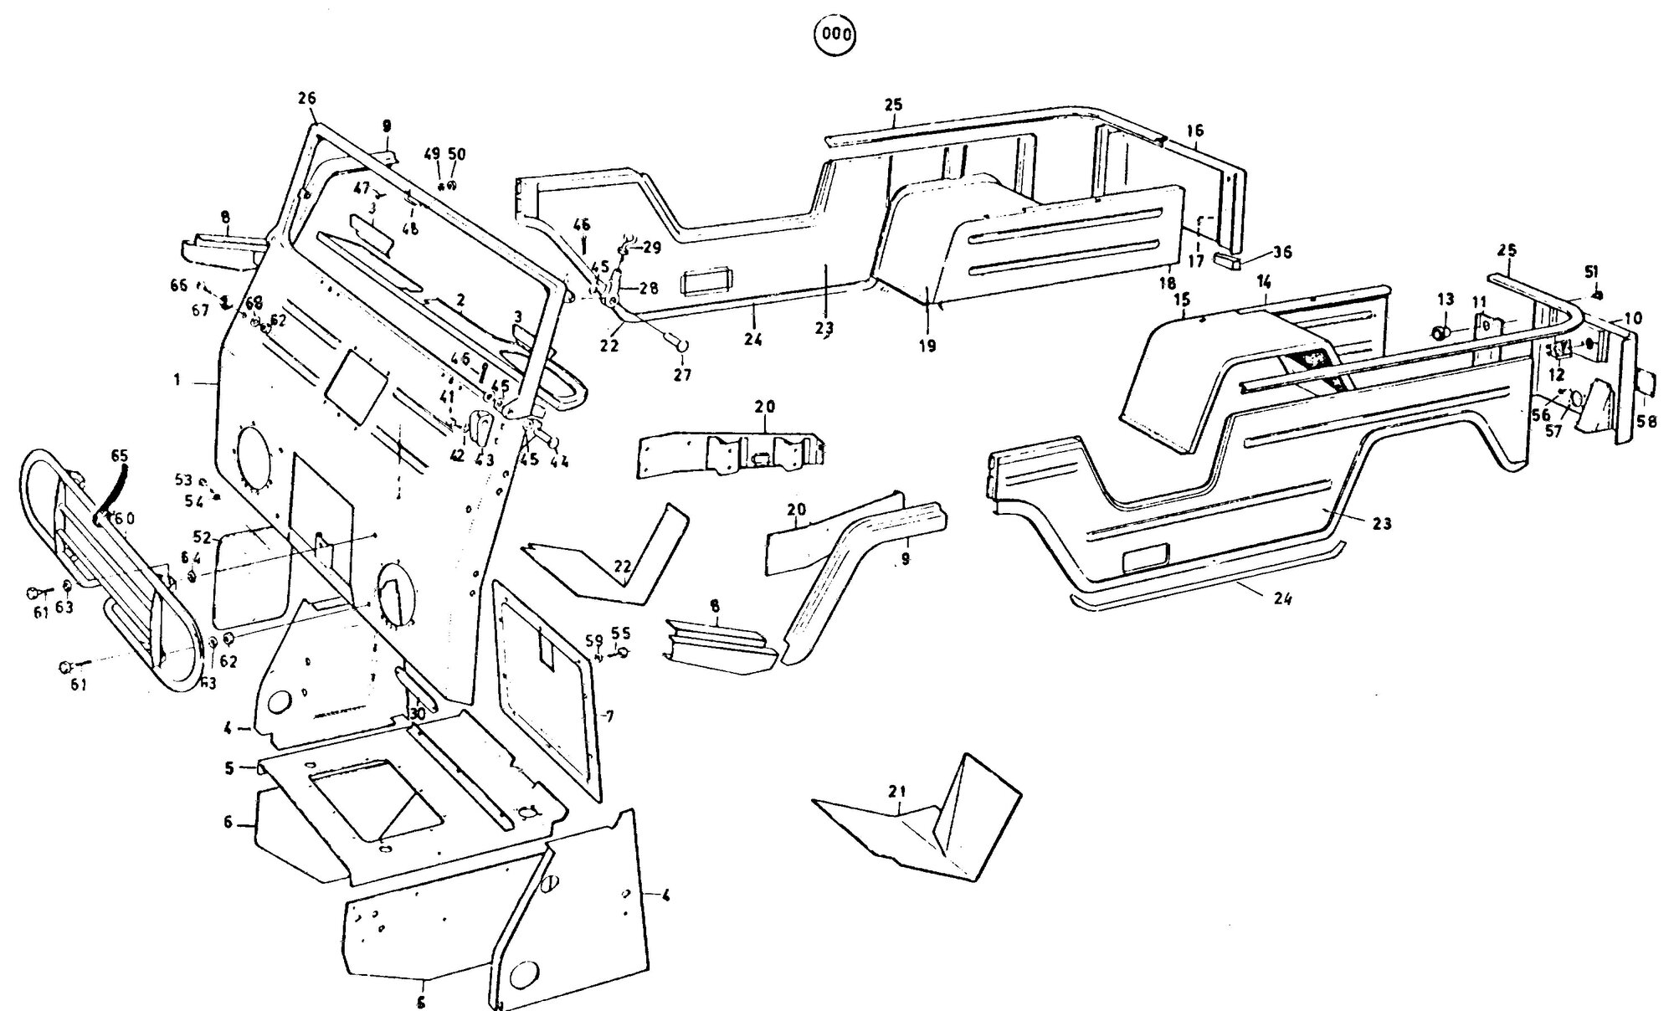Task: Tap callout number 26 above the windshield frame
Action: [x=306, y=99]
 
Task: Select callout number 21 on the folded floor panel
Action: [x=897, y=792]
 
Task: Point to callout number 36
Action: [x=1282, y=252]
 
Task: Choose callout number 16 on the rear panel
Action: [x=1194, y=131]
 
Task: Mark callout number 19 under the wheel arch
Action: [x=927, y=346]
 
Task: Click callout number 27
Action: [x=682, y=376]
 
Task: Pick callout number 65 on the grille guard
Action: [x=119, y=456]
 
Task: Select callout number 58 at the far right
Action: [x=1646, y=423]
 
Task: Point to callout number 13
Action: [x=1445, y=300]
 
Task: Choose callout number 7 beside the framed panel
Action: [x=609, y=716]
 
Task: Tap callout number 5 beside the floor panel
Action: [x=229, y=768]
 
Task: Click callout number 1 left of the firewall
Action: [x=177, y=380]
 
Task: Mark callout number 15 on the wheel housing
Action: [x=1182, y=300]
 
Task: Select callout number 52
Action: [x=201, y=536]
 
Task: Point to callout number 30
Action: [x=416, y=714]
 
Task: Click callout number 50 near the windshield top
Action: [x=457, y=155]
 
